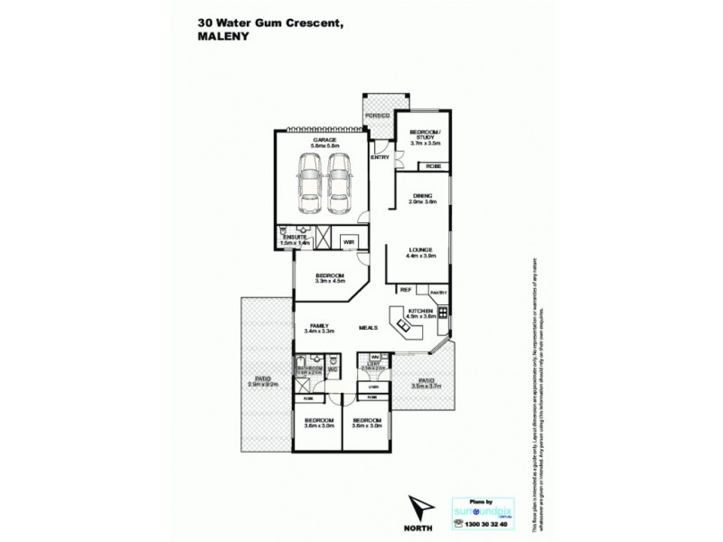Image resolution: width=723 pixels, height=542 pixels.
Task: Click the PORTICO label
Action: [377, 117]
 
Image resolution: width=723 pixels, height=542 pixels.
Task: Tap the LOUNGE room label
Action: [422, 249]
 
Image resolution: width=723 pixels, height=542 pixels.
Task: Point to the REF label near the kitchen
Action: [406, 290]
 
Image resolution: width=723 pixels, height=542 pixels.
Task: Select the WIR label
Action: [348, 242]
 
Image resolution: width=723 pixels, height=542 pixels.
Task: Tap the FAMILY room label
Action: [317, 326]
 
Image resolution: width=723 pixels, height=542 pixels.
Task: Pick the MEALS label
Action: [368, 327]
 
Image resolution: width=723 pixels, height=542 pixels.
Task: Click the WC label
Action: [332, 369]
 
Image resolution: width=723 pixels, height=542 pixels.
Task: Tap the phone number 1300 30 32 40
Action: [484, 523]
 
